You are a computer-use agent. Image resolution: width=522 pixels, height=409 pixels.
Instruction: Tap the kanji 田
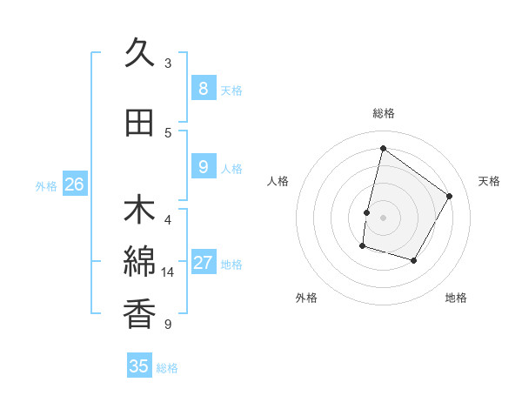tap(140, 124)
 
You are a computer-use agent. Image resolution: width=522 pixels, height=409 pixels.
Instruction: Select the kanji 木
tap(140, 211)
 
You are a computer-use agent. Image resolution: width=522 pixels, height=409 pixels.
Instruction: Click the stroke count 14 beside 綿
tap(168, 272)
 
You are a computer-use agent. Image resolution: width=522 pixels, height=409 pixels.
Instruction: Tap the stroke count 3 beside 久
tap(168, 64)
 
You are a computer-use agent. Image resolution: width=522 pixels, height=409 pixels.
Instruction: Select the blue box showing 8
tap(203, 88)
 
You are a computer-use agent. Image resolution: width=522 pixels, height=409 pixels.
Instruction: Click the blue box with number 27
tap(203, 263)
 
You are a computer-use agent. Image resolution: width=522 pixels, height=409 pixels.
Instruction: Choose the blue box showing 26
tap(74, 184)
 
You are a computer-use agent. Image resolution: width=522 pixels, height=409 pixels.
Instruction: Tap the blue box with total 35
tap(139, 366)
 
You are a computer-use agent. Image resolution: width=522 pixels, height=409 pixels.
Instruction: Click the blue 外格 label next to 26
tap(46, 185)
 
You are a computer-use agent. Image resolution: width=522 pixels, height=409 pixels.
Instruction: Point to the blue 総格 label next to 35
tap(167, 368)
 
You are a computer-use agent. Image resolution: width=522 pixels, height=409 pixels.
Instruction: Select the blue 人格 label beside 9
tap(231, 168)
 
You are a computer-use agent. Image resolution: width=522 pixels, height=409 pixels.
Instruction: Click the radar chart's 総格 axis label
tap(383, 113)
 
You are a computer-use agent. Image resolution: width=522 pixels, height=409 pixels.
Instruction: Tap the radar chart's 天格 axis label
tap(489, 181)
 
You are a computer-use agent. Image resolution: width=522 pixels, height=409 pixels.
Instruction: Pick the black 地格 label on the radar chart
tap(456, 298)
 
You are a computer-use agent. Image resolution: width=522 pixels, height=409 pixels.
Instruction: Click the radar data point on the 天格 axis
tap(450, 196)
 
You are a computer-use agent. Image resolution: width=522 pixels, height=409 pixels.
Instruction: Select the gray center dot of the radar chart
tap(383, 218)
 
